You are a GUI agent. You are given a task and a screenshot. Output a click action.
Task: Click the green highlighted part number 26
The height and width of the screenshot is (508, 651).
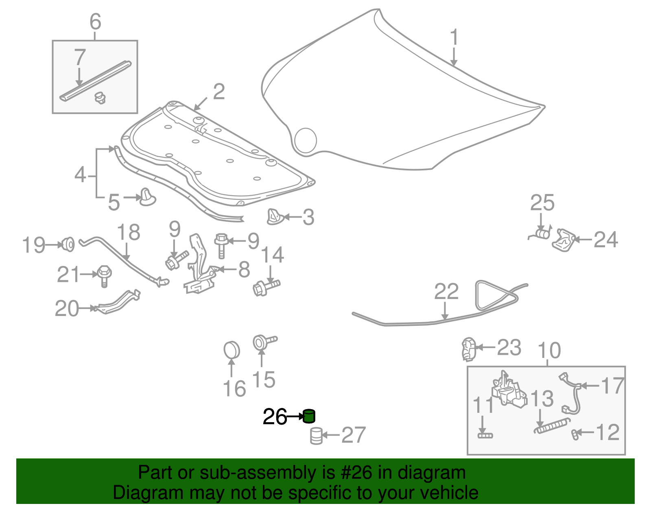[309, 416]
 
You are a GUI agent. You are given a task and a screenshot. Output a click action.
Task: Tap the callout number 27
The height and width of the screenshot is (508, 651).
[353, 435]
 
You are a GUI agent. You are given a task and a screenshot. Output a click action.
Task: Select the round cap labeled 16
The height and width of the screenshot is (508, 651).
[232, 350]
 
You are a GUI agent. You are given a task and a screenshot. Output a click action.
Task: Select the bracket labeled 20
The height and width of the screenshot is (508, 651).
[118, 302]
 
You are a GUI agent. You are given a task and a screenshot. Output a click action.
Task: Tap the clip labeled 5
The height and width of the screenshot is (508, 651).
[147, 197]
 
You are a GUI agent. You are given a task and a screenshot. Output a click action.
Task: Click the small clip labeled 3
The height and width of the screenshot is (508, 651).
[274, 217]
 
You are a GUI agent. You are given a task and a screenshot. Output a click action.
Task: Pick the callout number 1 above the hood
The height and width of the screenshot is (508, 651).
[454, 37]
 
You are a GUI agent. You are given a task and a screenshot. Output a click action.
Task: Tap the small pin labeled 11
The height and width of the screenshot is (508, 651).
[485, 435]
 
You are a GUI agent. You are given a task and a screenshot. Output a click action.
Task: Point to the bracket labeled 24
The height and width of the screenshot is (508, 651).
[563, 240]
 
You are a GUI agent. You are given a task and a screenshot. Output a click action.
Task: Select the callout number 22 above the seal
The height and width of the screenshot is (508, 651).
[446, 292]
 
